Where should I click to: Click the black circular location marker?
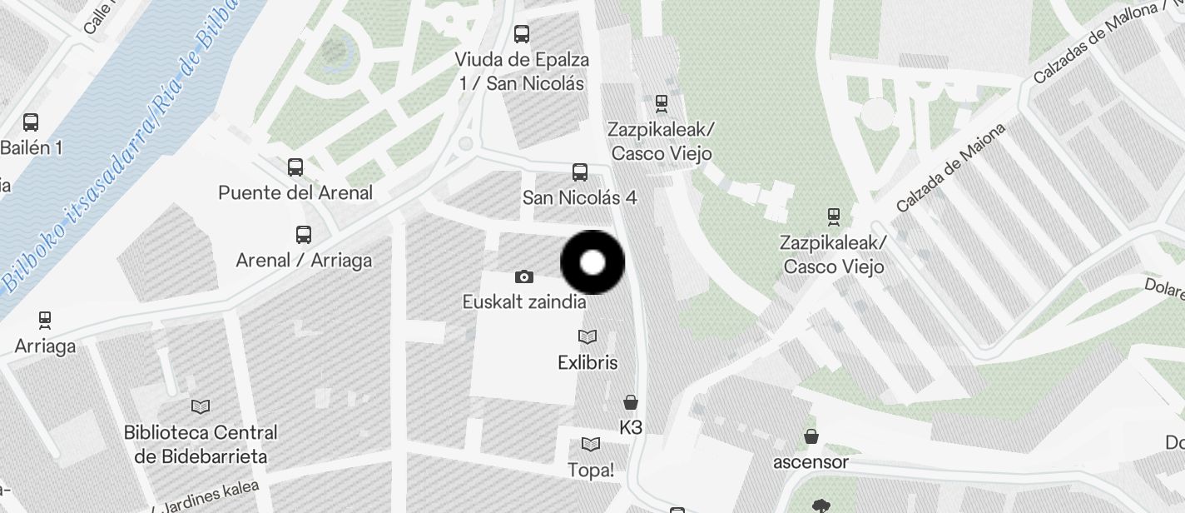pyautogui.click(x=592, y=263)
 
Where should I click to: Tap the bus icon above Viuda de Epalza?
pyautogui.click(x=522, y=34)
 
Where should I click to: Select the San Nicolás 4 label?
pyautogui.click(x=579, y=198)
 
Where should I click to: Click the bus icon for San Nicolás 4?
pyautogui.click(x=580, y=172)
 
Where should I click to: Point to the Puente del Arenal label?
pyautogui.click(x=295, y=193)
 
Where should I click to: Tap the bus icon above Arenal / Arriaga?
pyautogui.click(x=304, y=235)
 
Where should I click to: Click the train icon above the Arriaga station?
pyautogui.click(x=45, y=320)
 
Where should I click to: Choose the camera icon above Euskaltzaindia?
pyautogui.click(x=524, y=276)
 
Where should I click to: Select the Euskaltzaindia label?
pyautogui.click(x=524, y=302)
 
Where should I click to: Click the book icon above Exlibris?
pyautogui.click(x=588, y=337)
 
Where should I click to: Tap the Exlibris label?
pyautogui.click(x=588, y=363)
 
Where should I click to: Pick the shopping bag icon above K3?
pyautogui.click(x=632, y=403)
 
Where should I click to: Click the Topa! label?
pyautogui.click(x=591, y=470)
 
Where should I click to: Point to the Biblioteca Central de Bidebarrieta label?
pyautogui.click(x=201, y=445)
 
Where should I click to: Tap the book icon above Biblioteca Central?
pyautogui.click(x=201, y=406)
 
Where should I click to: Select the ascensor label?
pyautogui.click(x=811, y=461)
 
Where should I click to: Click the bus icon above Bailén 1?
pyautogui.click(x=31, y=122)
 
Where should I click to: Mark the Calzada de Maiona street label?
pyautogui.click(x=951, y=167)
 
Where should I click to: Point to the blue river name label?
pyautogui.click(x=117, y=150)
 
